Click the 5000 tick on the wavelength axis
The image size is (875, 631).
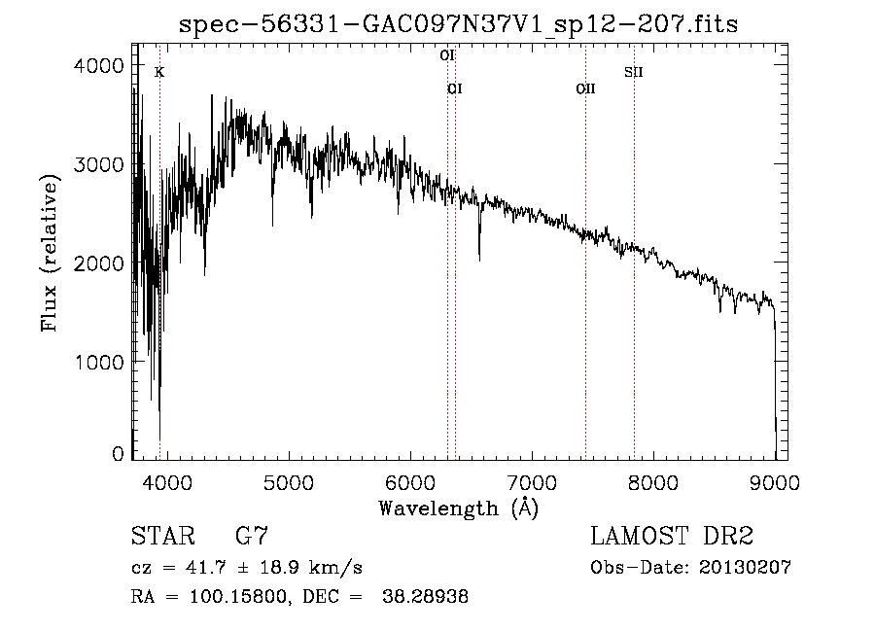(x=287, y=483)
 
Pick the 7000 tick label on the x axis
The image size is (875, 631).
(x=531, y=483)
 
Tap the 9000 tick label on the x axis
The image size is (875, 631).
(x=774, y=483)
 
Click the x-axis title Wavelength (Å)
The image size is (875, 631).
(x=458, y=508)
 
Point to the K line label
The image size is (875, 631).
(x=159, y=72)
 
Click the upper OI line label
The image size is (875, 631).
(x=447, y=55)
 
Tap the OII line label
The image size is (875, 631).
(x=585, y=89)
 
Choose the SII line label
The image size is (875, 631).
(x=634, y=72)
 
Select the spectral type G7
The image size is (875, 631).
(x=252, y=536)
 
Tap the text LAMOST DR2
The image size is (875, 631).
(x=672, y=536)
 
